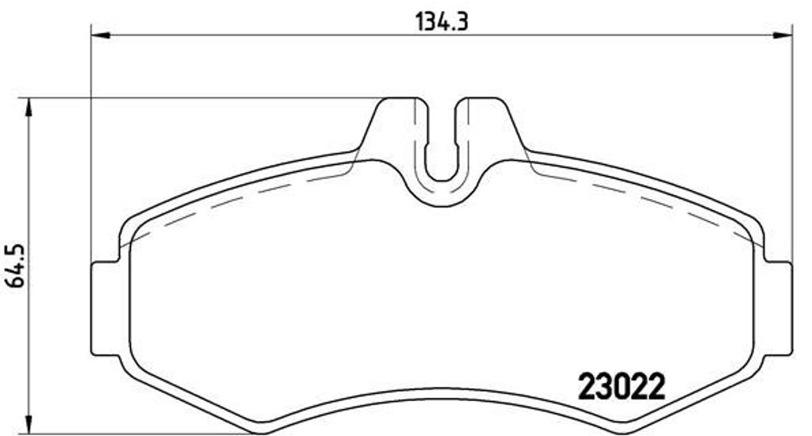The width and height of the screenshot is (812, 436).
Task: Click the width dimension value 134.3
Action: (x=442, y=22)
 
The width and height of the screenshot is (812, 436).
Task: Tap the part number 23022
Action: (x=621, y=388)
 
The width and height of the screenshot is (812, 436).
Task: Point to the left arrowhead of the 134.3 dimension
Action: (x=101, y=35)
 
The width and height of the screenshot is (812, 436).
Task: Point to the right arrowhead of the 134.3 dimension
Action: (x=783, y=35)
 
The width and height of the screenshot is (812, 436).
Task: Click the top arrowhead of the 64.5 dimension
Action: (x=29, y=108)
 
